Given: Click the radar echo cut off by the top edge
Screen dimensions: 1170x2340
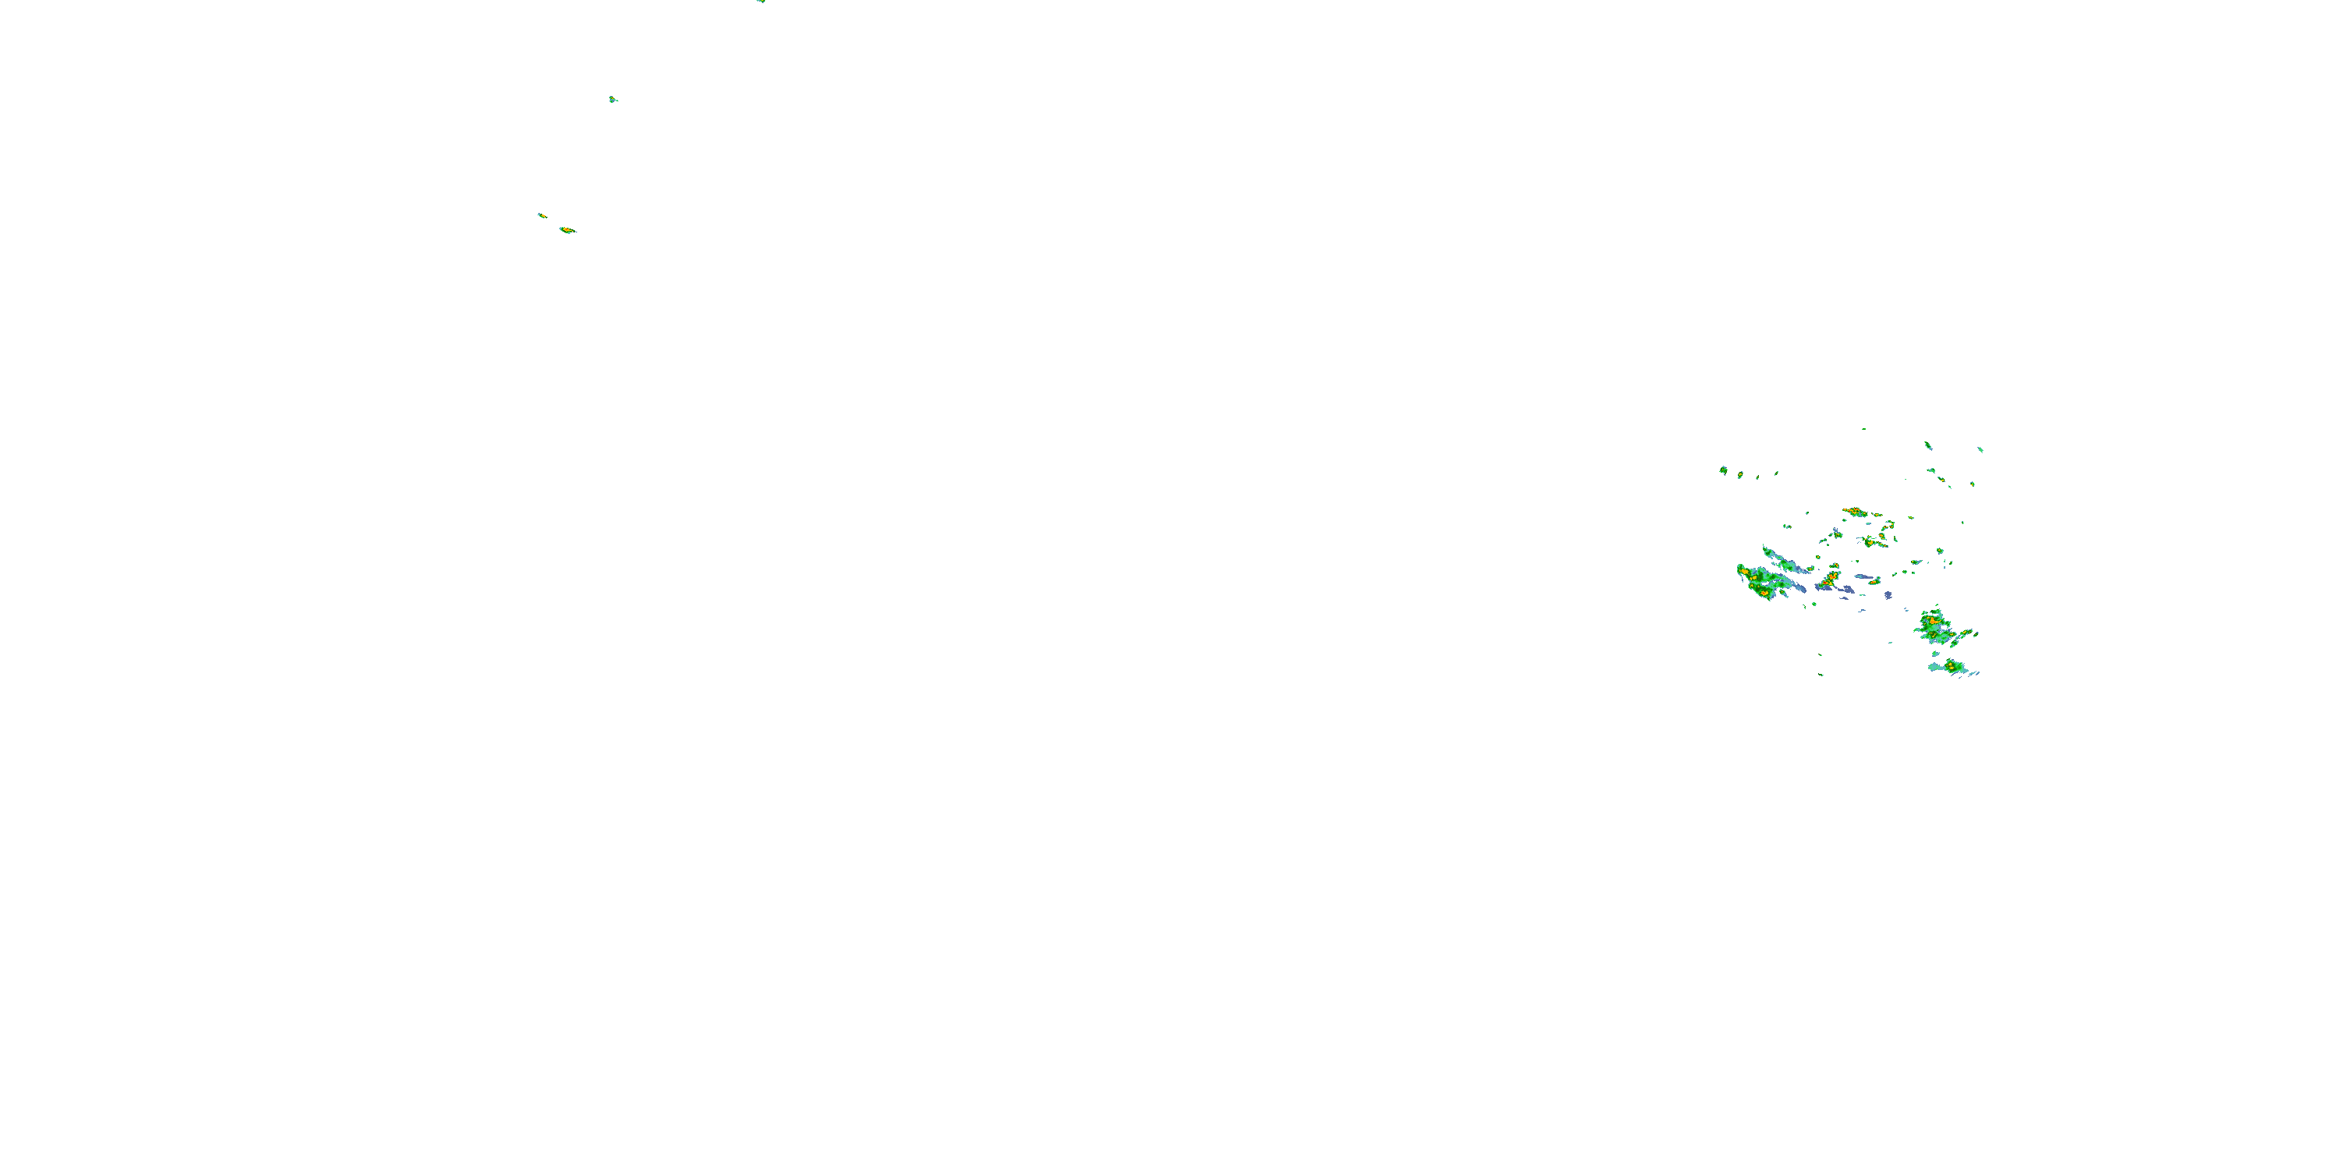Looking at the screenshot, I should click(760, 1).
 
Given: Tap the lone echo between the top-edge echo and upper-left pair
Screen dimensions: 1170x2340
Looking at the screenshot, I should click(613, 99).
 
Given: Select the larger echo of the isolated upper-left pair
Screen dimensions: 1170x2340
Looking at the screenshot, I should click(567, 230).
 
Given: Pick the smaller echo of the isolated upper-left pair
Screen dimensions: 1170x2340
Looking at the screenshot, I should click(541, 215).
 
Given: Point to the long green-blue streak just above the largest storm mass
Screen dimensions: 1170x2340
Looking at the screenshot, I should click(1778, 558).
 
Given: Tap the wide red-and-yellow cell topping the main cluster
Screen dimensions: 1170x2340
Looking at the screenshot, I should click(1854, 512).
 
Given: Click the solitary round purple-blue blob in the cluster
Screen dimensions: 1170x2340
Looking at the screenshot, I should click(1888, 596).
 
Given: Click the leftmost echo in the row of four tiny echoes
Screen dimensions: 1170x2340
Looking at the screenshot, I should click(1723, 470).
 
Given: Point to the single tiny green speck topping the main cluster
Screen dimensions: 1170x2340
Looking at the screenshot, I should click(1864, 429).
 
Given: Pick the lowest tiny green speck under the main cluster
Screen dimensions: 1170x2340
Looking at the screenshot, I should click(1821, 674).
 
